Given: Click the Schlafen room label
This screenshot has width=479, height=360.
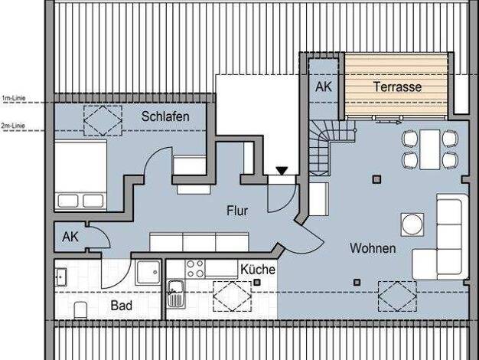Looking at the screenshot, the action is click(x=165, y=116).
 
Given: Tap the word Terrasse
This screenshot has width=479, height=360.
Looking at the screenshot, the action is click(x=397, y=87).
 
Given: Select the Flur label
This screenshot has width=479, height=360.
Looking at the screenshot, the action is click(x=237, y=211).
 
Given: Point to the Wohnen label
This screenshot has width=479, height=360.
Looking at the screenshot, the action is click(x=373, y=248).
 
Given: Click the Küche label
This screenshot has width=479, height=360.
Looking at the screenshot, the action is click(x=258, y=269).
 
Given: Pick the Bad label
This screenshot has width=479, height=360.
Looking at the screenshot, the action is click(x=121, y=306).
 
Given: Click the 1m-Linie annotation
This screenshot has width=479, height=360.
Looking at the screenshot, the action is click(x=14, y=99).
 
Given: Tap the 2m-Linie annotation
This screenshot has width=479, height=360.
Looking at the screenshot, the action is click(x=13, y=126).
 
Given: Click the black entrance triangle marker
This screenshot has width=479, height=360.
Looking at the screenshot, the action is click(x=282, y=171).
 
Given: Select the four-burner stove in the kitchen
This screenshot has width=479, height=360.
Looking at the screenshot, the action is click(x=195, y=269).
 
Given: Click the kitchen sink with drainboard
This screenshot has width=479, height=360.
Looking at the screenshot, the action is click(x=176, y=293).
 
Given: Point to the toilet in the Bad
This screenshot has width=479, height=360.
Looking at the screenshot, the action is click(x=80, y=310).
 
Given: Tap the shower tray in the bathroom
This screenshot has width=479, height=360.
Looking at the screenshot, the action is click(x=148, y=272).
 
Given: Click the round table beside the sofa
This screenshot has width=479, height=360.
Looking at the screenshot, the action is click(x=412, y=224).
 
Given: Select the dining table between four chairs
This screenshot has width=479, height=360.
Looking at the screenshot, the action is click(x=429, y=149).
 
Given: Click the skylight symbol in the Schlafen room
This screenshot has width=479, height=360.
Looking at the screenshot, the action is click(x=103, y=120).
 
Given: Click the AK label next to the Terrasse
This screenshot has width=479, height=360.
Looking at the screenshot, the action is click(x=324, y=87).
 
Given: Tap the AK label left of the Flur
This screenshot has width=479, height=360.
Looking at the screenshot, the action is click(x=70, y=237).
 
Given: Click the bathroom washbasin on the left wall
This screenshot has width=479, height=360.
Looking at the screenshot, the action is click(x=60, y=277).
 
